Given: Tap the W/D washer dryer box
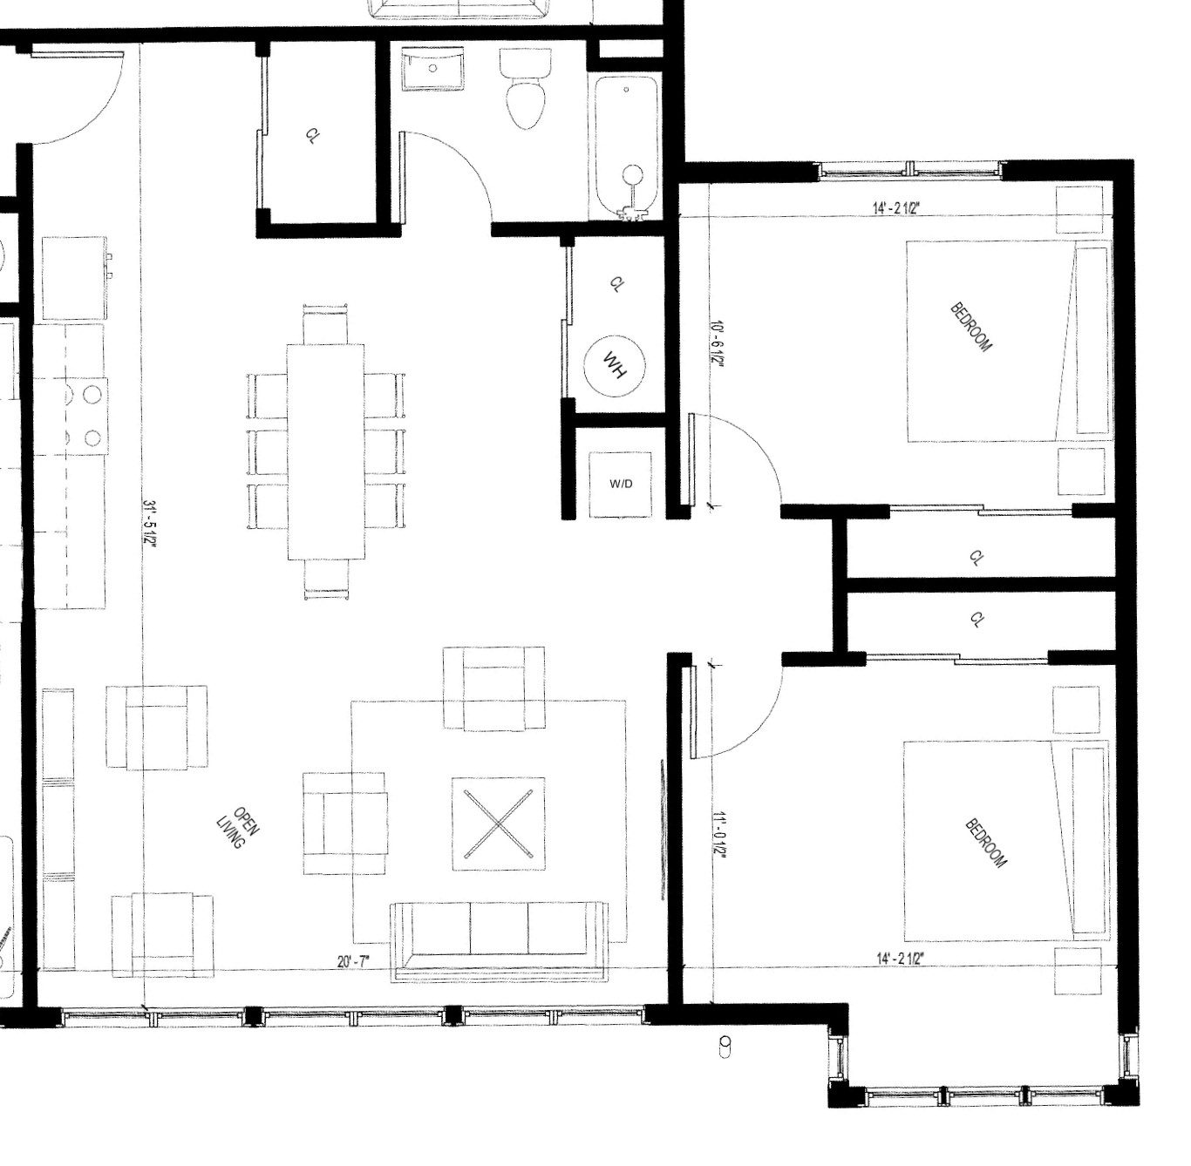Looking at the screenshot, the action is pos(620,485).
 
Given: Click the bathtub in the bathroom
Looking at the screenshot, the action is pos(625,147).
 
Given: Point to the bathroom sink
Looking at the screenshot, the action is pos(433,69).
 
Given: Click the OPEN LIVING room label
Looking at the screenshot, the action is pos(237,828).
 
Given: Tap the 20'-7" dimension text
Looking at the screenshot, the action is pos(353,961).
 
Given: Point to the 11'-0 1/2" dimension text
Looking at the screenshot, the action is pos(718,836).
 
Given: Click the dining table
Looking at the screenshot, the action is pos(326,451).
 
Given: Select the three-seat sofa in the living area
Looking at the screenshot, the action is pos(500,941).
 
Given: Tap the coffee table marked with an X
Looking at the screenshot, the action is pos(498,824).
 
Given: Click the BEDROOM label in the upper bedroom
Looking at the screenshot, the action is pos(971,328).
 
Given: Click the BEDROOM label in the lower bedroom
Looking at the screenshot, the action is pos(986,844).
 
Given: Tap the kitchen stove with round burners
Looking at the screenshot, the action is pos(86,416).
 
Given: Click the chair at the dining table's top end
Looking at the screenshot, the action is pos(326,324).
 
